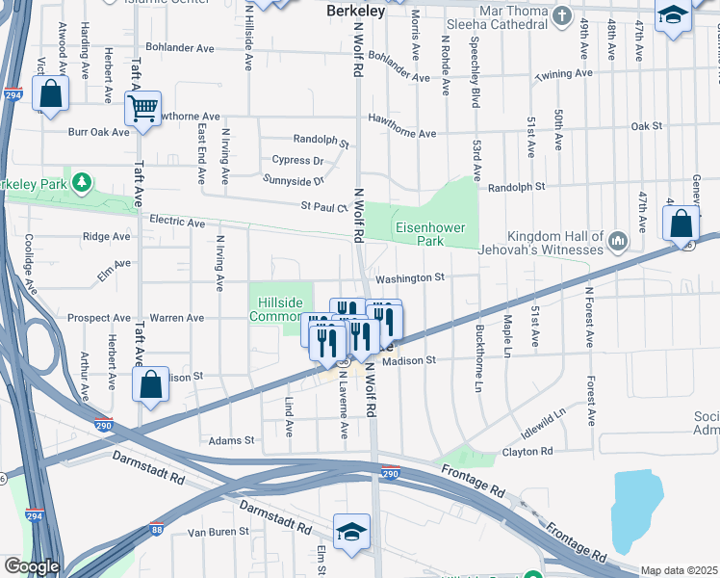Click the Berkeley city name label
[x=356, y=12]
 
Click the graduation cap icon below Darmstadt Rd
[x=352, y=533]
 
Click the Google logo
[x=31, y=566]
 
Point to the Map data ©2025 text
[x=678, y=570]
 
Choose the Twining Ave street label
[x=565, y=74]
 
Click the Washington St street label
[x=410, y=277]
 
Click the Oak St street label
[x=646, y=125]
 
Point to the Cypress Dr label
[x=297, y=161]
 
